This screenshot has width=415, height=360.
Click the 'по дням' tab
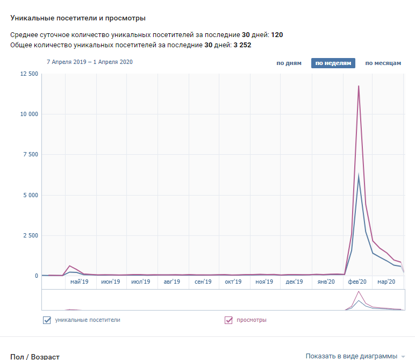click(289, 63)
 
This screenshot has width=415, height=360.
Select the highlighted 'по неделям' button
click(333, 63)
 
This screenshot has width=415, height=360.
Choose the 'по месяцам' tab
click(383, 63)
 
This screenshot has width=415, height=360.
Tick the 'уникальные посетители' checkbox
click(47, 321)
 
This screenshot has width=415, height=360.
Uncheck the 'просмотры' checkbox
click(228, 321)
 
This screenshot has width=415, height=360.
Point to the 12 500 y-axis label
click(28, 74)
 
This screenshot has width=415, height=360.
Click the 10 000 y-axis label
click(28, 114)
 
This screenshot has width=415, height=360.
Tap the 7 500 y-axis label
click(30, 155)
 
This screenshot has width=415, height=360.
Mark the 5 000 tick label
click(30, 195)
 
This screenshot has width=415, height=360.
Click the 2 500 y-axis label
click(30, 235)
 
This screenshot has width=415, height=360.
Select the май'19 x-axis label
click(79, 282)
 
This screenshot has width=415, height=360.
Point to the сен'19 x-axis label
click(203, 282)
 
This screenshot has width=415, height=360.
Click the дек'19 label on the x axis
click(295, 282)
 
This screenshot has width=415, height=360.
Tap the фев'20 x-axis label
click(357, 282)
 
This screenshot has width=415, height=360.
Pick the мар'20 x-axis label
click(386, 282)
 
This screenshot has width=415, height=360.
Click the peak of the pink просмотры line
click(358, 86)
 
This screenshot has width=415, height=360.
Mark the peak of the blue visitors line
click(359, 176)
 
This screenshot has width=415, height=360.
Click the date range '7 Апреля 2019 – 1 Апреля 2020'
click(89, 62)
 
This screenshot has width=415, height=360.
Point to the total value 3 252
click(242, 45)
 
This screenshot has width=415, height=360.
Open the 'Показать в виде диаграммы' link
click(351, 356)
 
